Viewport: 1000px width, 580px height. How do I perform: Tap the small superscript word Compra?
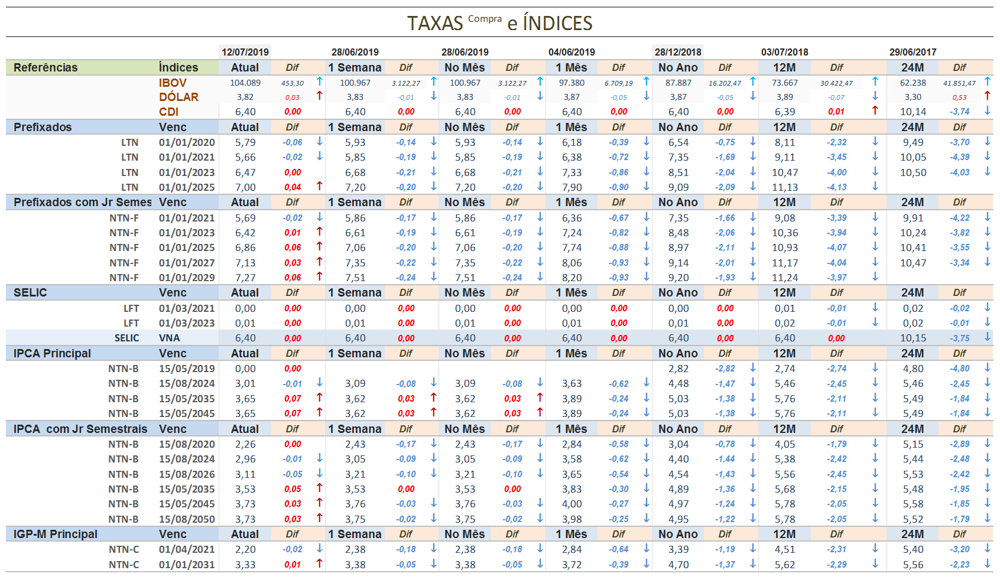485,19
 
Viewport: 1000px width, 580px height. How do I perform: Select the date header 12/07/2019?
245,52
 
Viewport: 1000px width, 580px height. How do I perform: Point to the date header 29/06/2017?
913,52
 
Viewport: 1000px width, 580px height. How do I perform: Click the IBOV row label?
173,83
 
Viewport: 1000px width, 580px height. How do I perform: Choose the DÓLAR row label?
178,97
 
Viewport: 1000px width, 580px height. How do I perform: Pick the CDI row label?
168,112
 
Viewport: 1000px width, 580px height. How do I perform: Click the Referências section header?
46,67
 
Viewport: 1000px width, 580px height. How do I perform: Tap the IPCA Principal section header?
52,353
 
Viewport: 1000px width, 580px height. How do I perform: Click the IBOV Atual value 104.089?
245,83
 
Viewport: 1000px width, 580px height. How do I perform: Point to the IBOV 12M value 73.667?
784,83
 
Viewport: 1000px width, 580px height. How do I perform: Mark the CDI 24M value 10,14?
913,112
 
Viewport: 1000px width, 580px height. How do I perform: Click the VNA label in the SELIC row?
169,338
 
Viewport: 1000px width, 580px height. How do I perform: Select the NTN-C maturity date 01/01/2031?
187,565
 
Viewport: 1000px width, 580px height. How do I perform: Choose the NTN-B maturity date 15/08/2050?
187,519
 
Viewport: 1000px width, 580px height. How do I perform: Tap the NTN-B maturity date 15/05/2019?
187,369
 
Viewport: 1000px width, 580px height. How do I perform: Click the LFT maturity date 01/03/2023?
187,323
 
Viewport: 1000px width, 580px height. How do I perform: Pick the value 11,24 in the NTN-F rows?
784,278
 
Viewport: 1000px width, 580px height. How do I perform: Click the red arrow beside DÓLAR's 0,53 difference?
987,96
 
